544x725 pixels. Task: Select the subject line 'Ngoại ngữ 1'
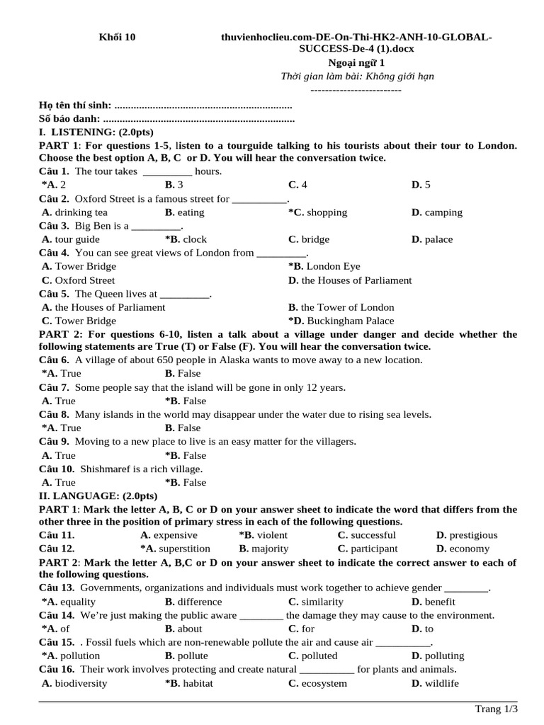click(x=357, y=62)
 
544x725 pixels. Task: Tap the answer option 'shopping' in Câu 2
click(x=327, y=212)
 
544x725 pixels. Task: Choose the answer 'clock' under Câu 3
click(x=195, y=239)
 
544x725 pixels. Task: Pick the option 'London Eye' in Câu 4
click(x=333, y=266)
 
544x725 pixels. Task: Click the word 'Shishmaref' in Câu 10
click(x=105, y=469)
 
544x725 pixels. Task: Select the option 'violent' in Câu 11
click(x=272, y=535)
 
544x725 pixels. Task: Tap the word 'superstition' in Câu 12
click(x=185, y=549)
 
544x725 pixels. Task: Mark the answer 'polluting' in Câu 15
click(x=445, y=656)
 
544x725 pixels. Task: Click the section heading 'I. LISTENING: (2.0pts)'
click(x=96, y=132)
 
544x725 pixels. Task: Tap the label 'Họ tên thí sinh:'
click(x=75, y=105)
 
